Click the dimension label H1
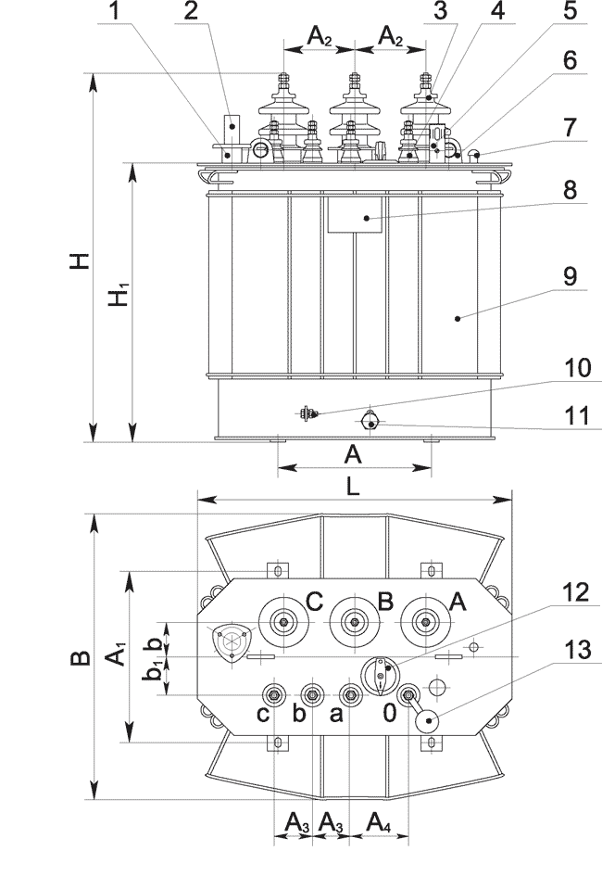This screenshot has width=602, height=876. [x=118, y=298]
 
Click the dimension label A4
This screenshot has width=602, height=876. [x=380, y=821]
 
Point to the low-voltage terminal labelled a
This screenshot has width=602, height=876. [x=350, y=694]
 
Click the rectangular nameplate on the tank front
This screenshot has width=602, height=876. [x=356, y=214]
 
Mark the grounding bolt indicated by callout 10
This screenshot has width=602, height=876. [x=307, y=414]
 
